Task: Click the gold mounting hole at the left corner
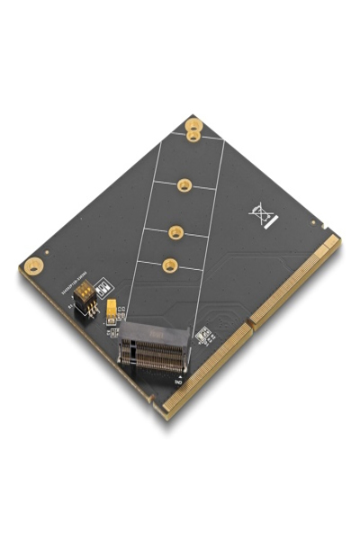pyautogui.click(x=33, y=265)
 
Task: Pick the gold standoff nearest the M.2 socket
pyautogui.click(x=169, y=265)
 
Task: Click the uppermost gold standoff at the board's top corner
pyautogui.click(x=193, y=125)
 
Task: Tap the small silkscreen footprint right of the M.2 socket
pyautogui.click(x=203, y=335)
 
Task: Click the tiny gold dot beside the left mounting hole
pyautogui.click(x=46, y=252)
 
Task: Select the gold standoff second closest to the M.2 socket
pyautogui.click(x=175, y=230)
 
